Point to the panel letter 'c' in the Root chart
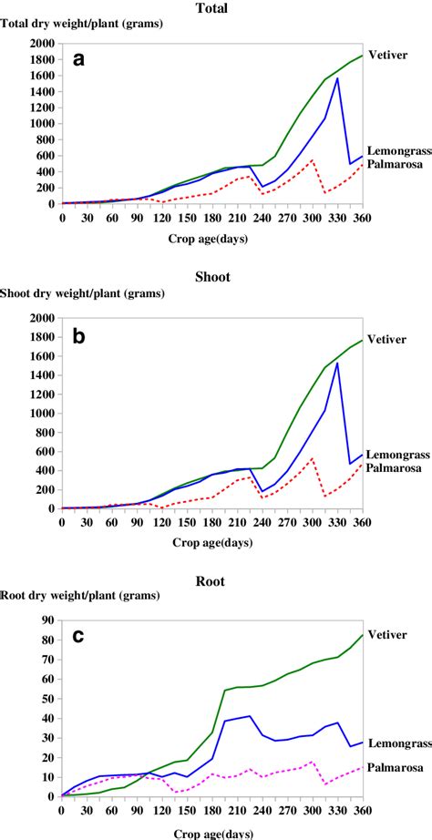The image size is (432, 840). pyautogui.click(x=79, y=637)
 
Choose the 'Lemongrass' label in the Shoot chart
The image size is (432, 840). pyautogui.click(x=399, y=455)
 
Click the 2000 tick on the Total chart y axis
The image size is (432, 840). pyautogui.click(x=40, y=44)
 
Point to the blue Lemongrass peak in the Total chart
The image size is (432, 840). pyautogui.click(x=336, y=78)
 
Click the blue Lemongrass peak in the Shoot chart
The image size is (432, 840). pyautogui.click(x=336, y=364)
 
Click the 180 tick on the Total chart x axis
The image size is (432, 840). pyautogui.click(x=211, y=217)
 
